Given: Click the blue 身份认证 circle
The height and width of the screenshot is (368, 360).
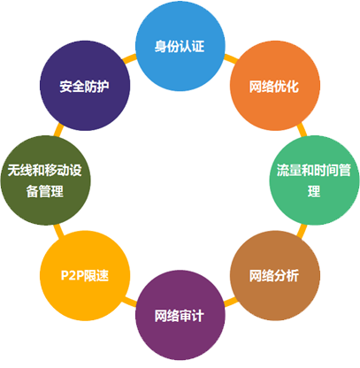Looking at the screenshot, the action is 180,46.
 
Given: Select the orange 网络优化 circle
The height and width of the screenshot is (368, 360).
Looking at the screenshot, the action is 275,86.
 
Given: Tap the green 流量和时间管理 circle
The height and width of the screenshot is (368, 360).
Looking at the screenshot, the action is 314,180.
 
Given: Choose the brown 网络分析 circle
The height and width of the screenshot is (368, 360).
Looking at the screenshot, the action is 275,275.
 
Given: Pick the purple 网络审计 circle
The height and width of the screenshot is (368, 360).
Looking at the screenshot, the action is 180,315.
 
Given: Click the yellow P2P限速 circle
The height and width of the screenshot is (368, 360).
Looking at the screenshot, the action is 85,275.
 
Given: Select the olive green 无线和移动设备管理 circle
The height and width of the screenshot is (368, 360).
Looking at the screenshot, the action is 46,180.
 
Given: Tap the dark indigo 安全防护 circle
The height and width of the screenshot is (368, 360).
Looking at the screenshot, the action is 85,86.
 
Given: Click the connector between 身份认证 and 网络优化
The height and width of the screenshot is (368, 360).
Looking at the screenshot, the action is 231,59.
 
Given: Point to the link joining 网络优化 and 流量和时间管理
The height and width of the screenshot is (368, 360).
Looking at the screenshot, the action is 302,130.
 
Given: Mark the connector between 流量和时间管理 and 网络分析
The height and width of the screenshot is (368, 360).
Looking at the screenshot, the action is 302,231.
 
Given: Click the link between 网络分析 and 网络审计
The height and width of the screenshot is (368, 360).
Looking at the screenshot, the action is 231,302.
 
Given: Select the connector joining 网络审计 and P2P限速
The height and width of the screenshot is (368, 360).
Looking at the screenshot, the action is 129,302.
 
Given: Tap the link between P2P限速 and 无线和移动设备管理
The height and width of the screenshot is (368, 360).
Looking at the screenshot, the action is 58,231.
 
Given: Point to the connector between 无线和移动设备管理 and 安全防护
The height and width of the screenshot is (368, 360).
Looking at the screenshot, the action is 58,130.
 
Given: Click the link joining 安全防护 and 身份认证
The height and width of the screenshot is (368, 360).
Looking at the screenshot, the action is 129,59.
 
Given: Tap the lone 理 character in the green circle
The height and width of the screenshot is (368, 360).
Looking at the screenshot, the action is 314,191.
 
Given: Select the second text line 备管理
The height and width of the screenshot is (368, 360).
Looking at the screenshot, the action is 45,191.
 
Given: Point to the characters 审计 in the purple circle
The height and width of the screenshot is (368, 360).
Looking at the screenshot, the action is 192,316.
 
